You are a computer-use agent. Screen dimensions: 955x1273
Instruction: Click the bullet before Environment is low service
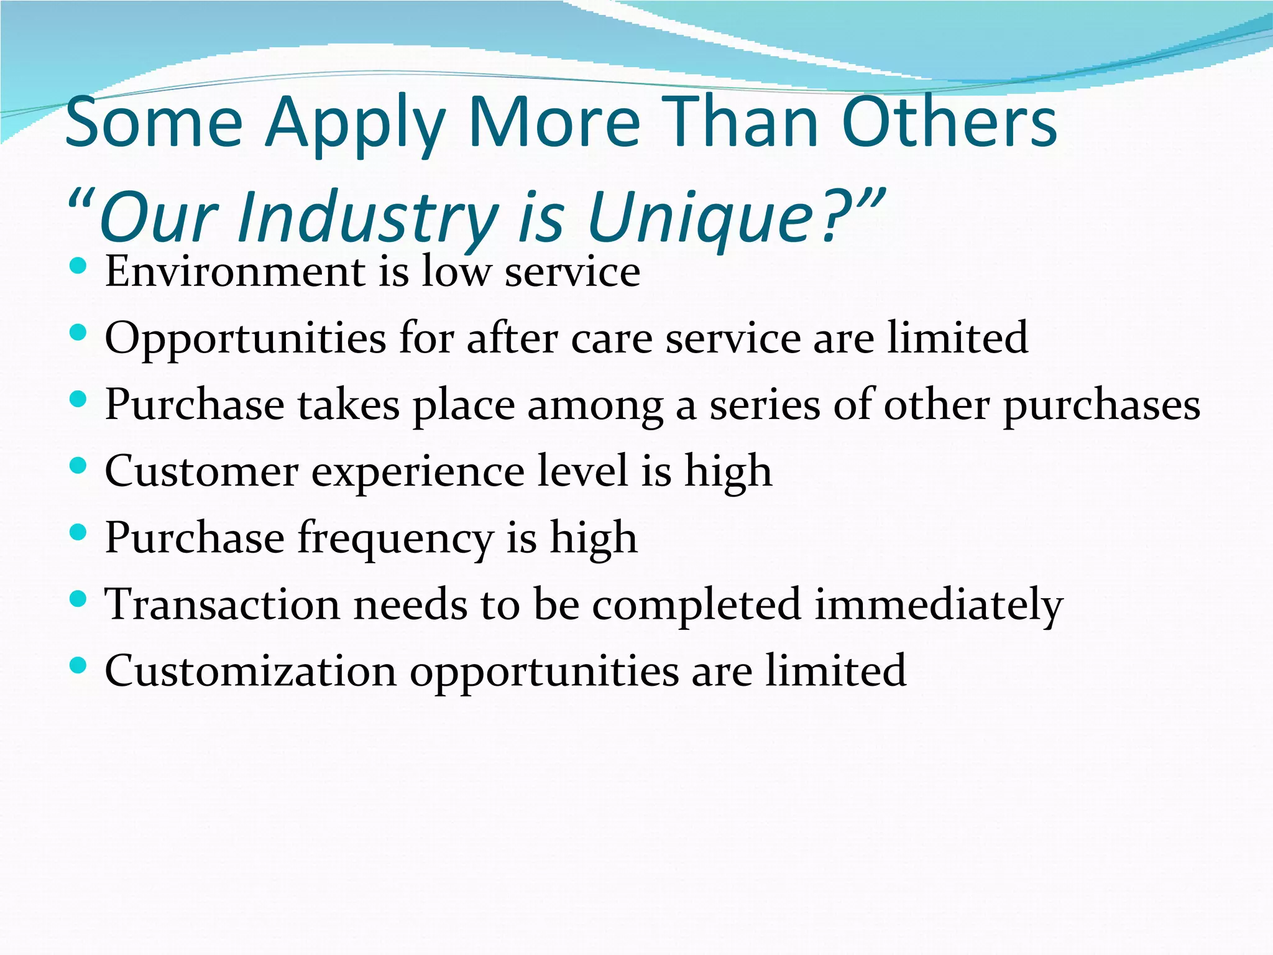[x=78, y=267]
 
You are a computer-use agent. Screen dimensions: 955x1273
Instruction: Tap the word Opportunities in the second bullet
[x=246, y=339]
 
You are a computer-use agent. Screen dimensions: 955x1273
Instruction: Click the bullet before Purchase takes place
[x=78, y=400]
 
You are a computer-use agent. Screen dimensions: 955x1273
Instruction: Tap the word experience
[x=417, y=473]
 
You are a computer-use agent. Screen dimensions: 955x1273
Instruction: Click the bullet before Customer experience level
[x=78, y=466]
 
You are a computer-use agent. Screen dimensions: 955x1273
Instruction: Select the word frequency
[x=395, y=539]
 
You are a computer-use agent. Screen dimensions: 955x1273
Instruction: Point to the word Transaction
[x=222, y=605]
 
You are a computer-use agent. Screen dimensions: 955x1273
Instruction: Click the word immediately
[x=939, y=605]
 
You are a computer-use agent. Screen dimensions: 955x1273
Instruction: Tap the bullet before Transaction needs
[x=78, y=599]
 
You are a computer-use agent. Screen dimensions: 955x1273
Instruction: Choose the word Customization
[x=250, y=671]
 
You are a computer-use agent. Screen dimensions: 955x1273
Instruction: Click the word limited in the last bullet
[x=835, y=671]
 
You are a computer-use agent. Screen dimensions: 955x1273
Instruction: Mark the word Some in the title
[x=154, y=124]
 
